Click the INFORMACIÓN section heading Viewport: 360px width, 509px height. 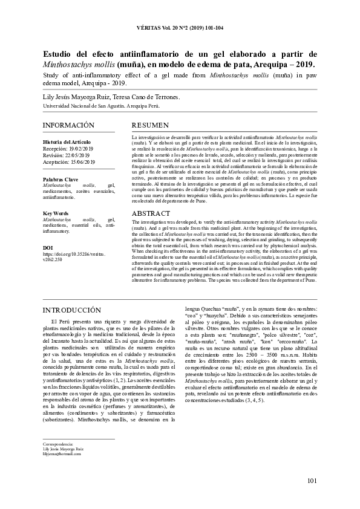(x=68, y=125)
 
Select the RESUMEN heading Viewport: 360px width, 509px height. (x=151, y=125)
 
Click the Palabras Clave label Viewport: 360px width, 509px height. (x=61, y=180)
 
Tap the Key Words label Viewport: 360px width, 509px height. (x=56, y=213)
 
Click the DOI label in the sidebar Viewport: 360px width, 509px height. (x=48, y=248)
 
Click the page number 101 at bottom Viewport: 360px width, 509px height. (x=312, y=481)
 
